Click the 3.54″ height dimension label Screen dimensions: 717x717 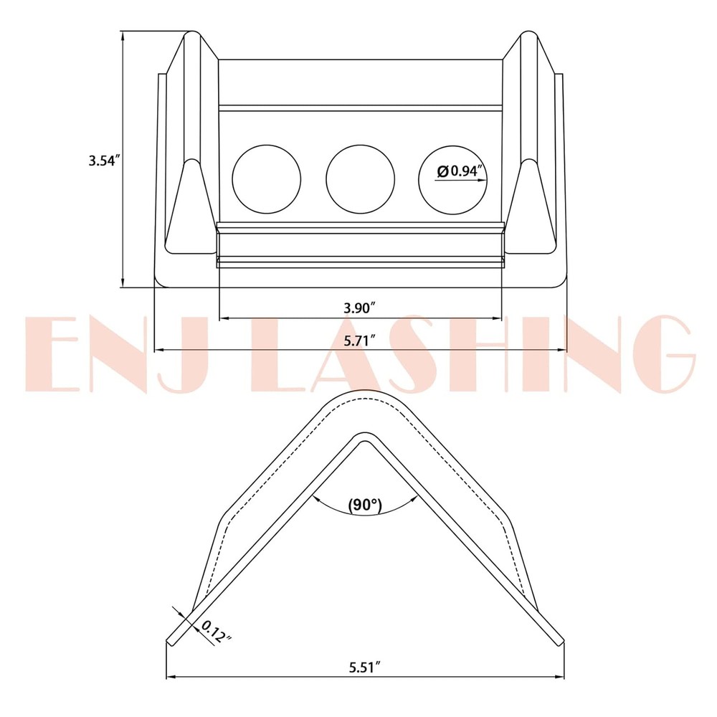103,161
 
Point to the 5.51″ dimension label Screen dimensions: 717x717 364,667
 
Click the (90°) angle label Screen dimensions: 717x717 364,504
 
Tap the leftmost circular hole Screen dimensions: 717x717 267,179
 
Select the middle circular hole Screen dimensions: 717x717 361,179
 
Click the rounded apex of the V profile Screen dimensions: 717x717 362,398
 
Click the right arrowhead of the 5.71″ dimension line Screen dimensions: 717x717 563,350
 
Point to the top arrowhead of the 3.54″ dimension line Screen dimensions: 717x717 123,34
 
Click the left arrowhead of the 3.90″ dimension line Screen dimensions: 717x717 223,317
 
